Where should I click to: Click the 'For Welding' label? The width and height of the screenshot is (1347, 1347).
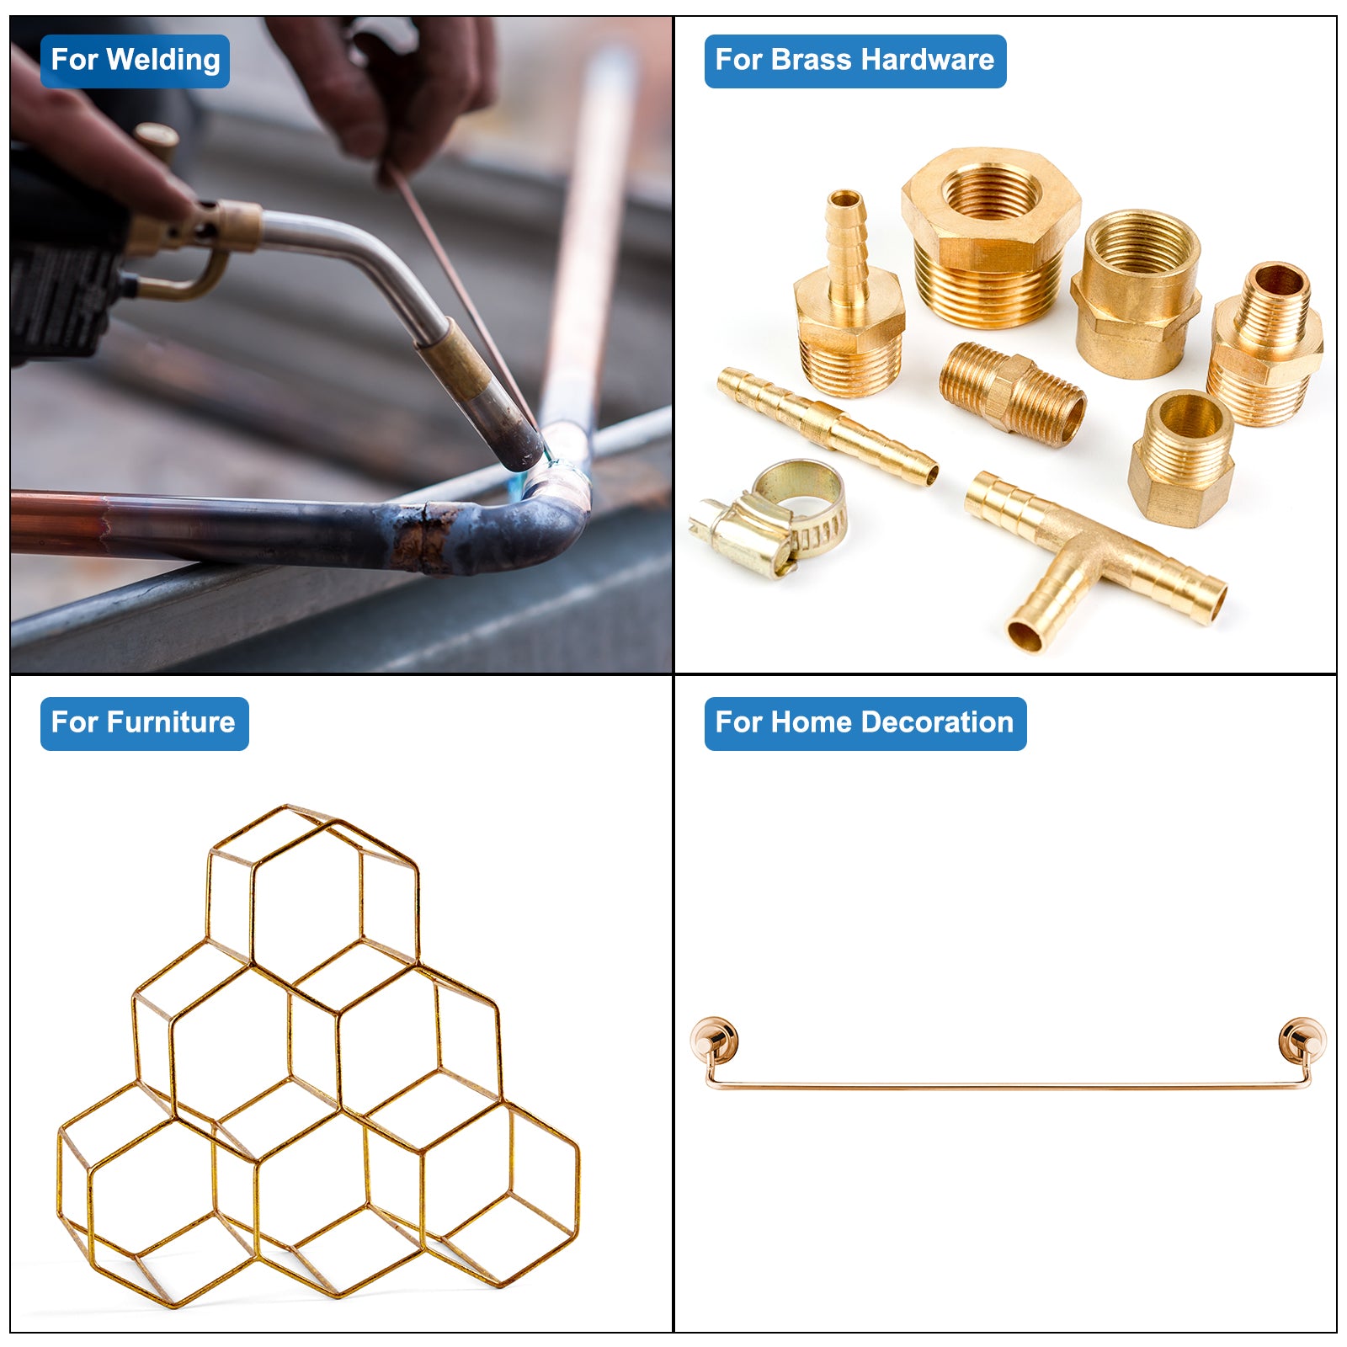click(135, 61)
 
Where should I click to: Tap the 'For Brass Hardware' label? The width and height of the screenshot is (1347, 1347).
click(855, 61)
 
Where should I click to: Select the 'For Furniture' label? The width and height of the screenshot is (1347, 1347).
click(144, 723)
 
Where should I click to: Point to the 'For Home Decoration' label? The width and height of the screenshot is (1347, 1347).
click(865, 723)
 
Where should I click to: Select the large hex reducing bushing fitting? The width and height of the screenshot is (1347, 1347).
click(990, 237)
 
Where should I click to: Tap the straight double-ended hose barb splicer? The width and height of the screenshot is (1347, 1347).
click(827, 426)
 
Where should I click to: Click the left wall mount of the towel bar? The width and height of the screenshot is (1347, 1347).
click(715, 1041)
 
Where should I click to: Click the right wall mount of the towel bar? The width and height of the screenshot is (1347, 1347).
click(1302, 1041)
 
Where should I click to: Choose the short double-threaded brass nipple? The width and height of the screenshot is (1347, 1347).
click(1013, 393)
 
